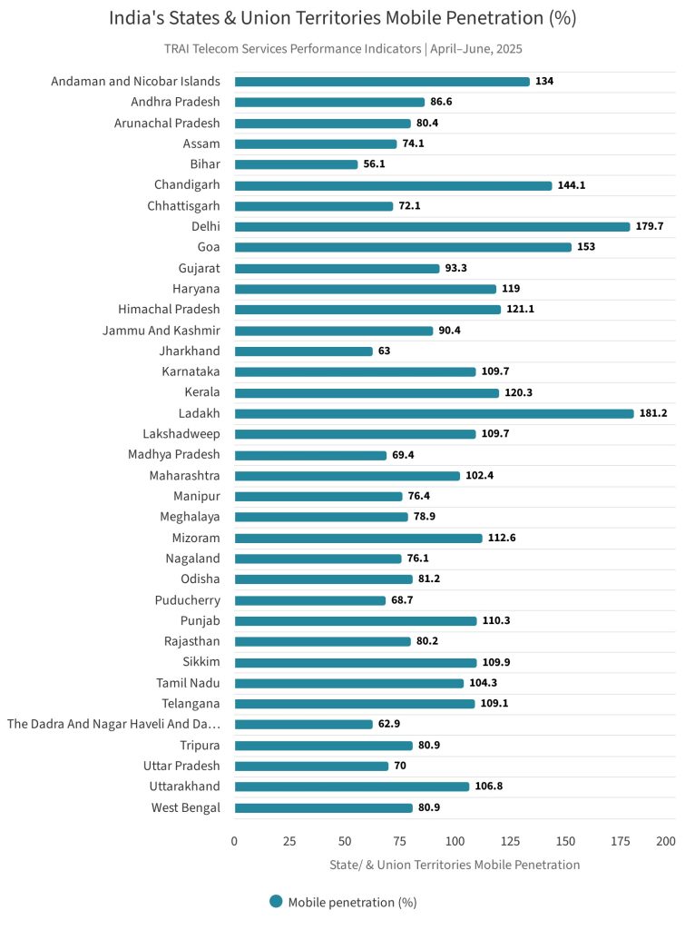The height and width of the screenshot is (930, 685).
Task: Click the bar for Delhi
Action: tap(432, 226)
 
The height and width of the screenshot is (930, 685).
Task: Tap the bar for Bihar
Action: tap(296, 164)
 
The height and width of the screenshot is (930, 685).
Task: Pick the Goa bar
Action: tap(403, 247)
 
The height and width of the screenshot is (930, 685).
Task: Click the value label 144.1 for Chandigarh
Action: tap(572, 185)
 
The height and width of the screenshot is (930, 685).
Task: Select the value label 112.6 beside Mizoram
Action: tap(503, 538)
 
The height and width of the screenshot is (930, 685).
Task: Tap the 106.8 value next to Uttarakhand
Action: tap(489, 787)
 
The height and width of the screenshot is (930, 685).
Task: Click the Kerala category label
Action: tap(201, 392)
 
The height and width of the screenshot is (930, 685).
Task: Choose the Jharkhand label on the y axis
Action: tap(190, 351)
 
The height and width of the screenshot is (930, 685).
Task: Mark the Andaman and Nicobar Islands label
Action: tap(135, 81)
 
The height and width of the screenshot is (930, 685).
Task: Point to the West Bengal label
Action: tap(186, 807)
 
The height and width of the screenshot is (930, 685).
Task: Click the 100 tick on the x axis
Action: tap(455, 841)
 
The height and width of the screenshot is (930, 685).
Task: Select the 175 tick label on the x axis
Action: tap(621, 841)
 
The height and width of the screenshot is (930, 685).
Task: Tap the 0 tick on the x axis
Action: tap(234, 841)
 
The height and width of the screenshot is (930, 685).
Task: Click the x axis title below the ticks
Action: tap(454, 865)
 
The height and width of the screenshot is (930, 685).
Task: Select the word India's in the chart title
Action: tap(138, 18)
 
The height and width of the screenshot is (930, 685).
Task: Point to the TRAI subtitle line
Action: tap(343, 48)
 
